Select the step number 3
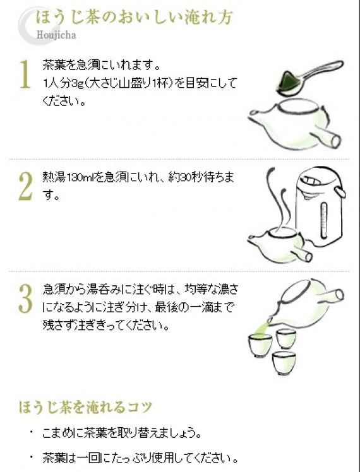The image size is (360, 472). tap(25, 298)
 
